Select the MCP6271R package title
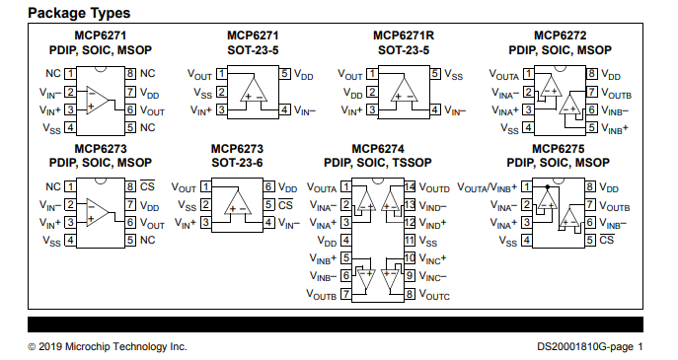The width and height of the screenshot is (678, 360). pyautogui.click(x=404, y=36)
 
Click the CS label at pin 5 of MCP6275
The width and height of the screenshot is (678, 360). pyautogui.click(x=607, y=241)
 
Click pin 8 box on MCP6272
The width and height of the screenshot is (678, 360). pyautogui.click(x=591, y=75)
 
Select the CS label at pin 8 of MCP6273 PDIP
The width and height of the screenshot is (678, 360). pyautogui.click(x=147, y=185)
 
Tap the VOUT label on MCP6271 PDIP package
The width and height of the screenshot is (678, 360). pyautogui.click(x=152, y=110)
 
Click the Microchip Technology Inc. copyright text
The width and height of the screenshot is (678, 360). pyautogui.click(x=107, y=346)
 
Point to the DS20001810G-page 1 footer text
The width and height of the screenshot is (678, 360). pyautogui.click(x=589, y=346)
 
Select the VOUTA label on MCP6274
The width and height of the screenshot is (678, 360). pyautogui.click(x=324, y=187)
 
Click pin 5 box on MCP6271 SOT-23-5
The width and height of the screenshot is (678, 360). pyautogui.click(x=285, y=75)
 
